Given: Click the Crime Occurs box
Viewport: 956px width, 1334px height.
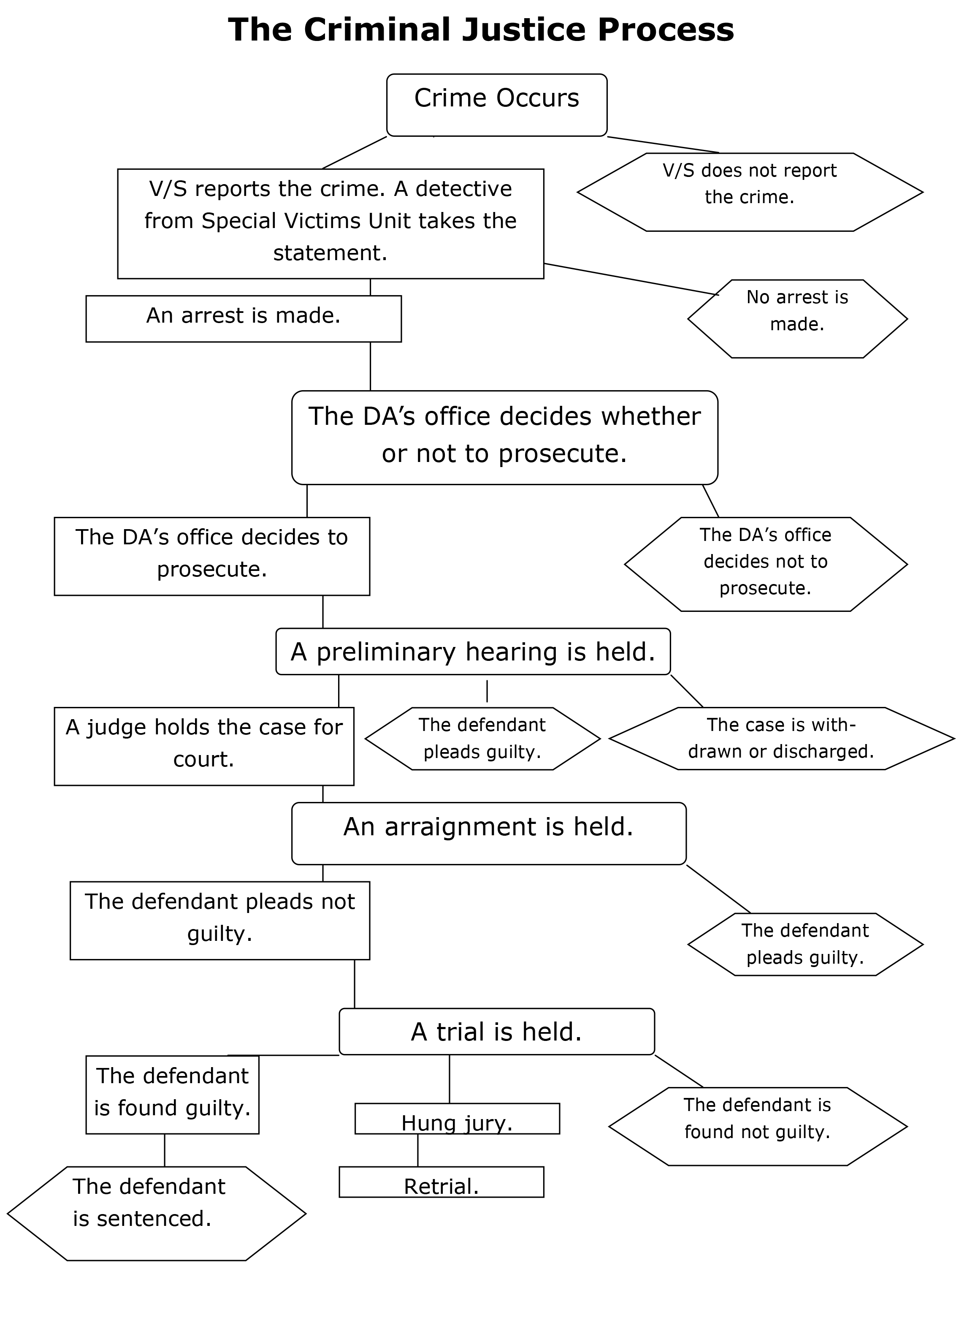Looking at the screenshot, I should (496, 105).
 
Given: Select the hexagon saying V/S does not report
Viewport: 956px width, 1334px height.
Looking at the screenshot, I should (750, 192).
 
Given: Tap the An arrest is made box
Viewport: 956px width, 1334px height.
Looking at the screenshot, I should (244, 318).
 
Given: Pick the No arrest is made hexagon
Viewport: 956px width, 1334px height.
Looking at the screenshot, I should (797, 318).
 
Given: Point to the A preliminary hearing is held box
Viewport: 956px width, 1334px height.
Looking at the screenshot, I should (473, 652).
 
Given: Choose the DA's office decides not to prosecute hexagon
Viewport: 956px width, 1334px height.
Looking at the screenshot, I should (766, 563).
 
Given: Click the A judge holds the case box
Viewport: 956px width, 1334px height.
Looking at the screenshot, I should (204, 746).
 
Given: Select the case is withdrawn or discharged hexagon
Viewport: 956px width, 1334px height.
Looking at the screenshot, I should (781, 738).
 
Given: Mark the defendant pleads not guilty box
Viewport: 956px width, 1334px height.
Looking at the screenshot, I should (220, 920).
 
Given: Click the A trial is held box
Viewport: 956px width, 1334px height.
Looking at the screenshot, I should (497, 1032).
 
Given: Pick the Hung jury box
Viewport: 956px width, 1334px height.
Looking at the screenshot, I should (457, 1118).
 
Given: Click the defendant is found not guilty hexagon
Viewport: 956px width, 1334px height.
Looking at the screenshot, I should (757, 1126).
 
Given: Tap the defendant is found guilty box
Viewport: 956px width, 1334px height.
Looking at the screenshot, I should (172, 1094).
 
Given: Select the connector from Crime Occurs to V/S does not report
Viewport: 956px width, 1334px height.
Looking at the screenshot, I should (663, 145).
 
